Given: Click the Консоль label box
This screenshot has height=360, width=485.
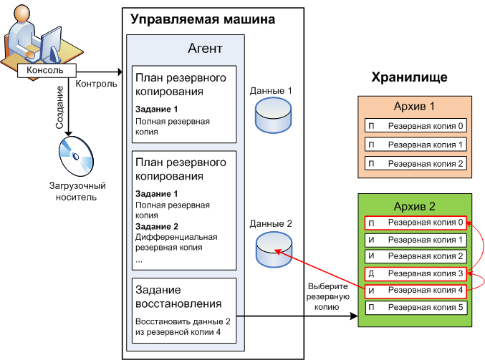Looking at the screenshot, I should tap(44, 71).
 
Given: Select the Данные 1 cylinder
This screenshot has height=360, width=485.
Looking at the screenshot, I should tap(272, 116).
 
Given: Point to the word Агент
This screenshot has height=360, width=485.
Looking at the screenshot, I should tap(205, 49).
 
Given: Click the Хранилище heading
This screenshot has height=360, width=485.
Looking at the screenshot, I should tap(410, 77).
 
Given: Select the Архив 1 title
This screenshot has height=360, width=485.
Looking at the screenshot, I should tap(414, 107).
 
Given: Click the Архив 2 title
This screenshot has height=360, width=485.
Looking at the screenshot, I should tap(414, 208).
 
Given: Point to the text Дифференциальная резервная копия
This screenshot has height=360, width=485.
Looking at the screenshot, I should tap(176, 242).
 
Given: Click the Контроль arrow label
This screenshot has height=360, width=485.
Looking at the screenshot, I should tap(96, 84).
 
